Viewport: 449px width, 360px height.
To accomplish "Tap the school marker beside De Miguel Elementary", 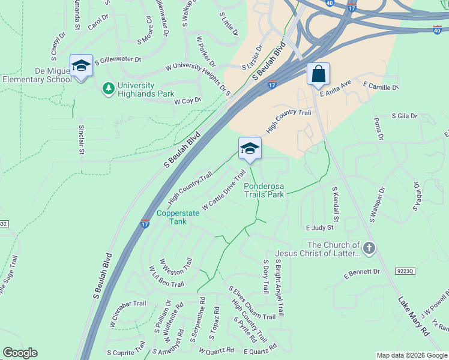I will (80, 65).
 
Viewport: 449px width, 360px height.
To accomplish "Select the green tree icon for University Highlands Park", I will (109, 89).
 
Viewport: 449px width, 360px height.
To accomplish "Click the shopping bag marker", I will (318, 74).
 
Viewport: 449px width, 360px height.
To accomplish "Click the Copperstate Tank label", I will (172, 217).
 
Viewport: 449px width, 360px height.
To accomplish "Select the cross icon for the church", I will (369, 248).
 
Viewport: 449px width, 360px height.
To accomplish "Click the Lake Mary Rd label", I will (414, 316).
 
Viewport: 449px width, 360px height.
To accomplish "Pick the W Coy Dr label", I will (187, 101).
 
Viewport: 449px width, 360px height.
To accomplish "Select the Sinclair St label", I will (82, 140).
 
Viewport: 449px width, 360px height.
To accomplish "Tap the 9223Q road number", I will (405, 271).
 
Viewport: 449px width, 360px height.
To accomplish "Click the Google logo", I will (20, 353).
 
